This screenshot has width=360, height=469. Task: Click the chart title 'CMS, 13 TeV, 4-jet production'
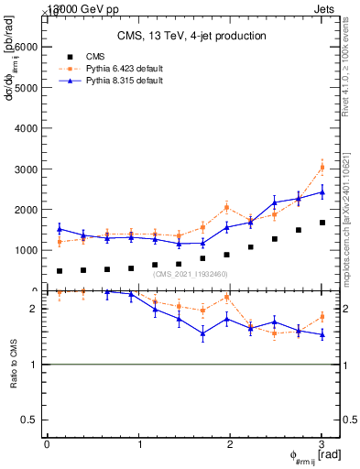(x=191, y=36)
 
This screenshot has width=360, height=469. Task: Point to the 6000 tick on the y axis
(x=26, y=48)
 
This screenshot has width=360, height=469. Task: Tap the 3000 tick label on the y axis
(x=26, y=169)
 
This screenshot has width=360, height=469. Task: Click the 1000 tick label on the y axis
(x=26, y=250)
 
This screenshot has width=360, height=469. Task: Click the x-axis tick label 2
(x=230, y=444)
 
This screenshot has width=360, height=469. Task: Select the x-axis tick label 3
(x=322, y=444)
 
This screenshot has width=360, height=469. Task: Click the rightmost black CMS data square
(x=322, y=223)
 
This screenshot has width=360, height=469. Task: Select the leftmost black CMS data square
(x=60, y=271)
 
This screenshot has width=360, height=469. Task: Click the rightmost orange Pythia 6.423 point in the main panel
(x=322, y=168)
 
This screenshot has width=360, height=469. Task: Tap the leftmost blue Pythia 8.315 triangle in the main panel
(x=60, y=229)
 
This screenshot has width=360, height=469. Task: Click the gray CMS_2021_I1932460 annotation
(x=191, y=274)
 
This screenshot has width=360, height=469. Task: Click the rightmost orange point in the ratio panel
(x=322, y=317)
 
